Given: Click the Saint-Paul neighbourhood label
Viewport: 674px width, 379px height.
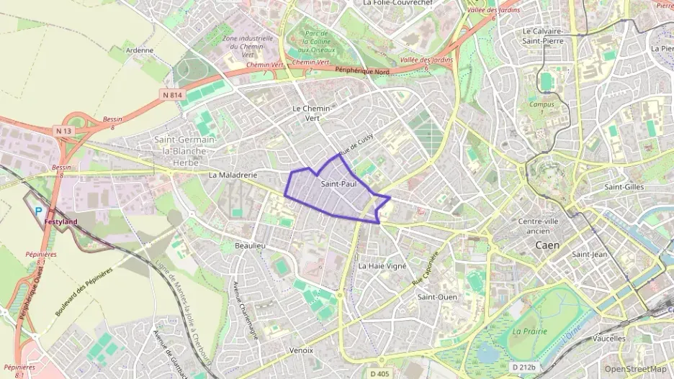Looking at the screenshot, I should click(339, 185).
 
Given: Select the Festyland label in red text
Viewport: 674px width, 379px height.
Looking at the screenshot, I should click(60, 222).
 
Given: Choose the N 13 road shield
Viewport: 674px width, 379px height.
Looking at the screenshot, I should click(63, 130).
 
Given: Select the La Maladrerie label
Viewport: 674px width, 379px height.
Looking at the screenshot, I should click(233, 175).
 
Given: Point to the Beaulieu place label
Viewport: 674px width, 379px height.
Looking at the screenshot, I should click(251, 246).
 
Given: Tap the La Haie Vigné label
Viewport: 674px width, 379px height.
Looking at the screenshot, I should click(382, 265).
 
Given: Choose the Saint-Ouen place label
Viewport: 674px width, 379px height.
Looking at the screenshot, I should click(437, 296).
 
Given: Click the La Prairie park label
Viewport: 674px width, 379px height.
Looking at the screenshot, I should click(530, 331).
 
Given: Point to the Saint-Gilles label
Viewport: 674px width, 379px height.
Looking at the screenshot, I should click(624, 187).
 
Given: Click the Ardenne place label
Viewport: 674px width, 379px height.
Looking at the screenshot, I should click(140, 50).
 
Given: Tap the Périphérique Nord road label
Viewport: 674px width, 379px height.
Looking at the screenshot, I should click(364, 70).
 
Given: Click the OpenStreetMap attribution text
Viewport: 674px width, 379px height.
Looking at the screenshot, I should click(636, 368).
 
